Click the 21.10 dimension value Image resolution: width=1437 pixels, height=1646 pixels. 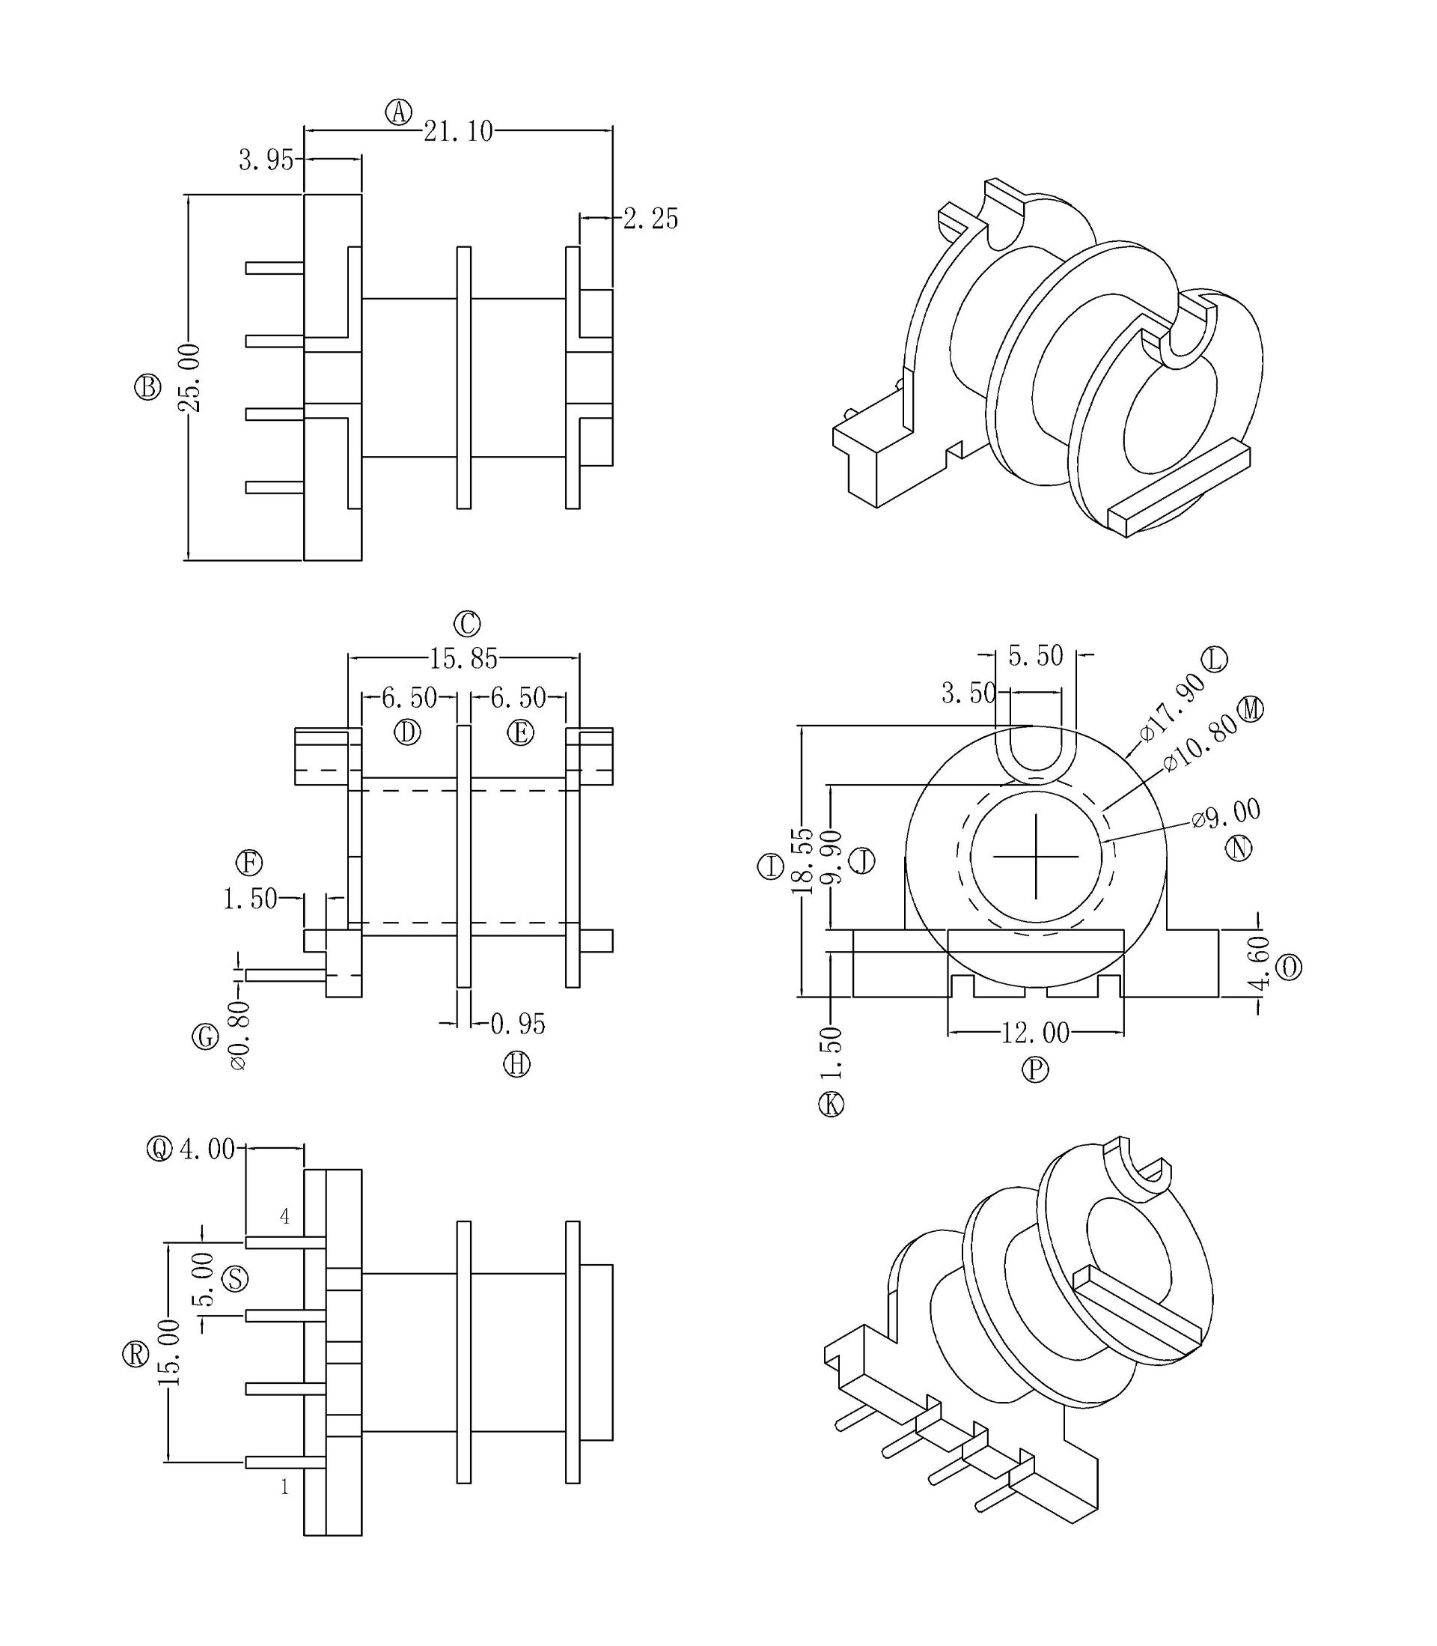coord(458,131)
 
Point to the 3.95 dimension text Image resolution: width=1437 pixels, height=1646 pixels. coord(266,160)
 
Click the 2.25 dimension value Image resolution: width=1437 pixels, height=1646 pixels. coord(650,219)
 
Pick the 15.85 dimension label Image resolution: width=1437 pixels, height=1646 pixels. coord(463,659)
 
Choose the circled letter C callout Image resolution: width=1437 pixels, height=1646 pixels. coord(467,623)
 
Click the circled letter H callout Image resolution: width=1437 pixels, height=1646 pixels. coord(516,1064)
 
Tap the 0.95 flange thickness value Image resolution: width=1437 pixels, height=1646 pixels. coord(517,1024)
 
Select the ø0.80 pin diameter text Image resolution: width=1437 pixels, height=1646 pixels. coord(239,1036)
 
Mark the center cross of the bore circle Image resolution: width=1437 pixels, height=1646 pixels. coord(1035,857)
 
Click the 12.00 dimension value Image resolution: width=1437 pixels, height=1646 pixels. coord(1035,1033)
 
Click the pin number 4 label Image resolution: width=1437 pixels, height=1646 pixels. coord(284,1217)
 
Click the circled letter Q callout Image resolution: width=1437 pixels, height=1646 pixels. coord(159,1150)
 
